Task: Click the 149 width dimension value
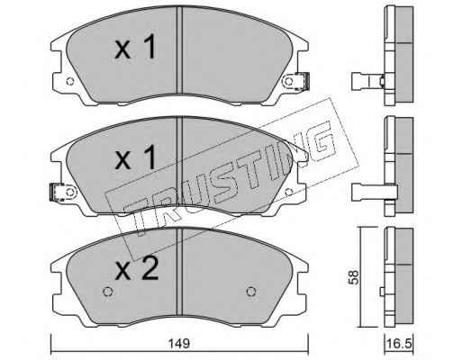click(x=179, y=344)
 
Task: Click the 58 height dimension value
click(x=354, y=277)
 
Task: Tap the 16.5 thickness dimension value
click(x=399, y=344)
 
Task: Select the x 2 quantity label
click(x=137, y=269)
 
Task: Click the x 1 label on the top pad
click(x=136, y=47)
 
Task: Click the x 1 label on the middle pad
click(x=136, y=157)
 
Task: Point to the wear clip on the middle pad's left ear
click(x=57, y=192)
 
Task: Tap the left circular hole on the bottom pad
click(x=107, y=292)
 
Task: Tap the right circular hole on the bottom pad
click(x=251, y=292)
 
